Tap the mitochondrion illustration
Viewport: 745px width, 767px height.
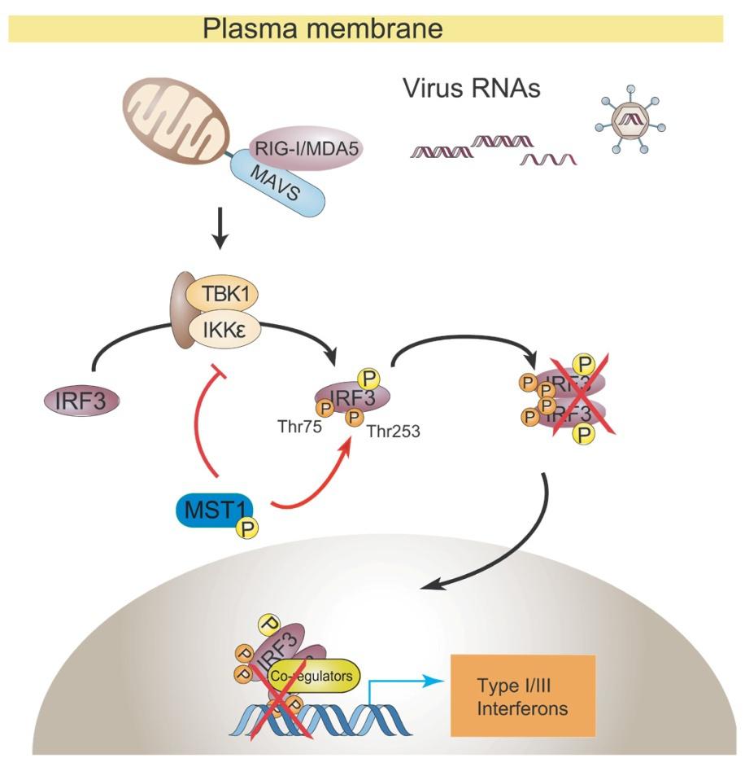(176, 121)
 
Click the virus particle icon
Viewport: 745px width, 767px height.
(631, 120)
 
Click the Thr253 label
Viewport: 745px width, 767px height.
(393, 432)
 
